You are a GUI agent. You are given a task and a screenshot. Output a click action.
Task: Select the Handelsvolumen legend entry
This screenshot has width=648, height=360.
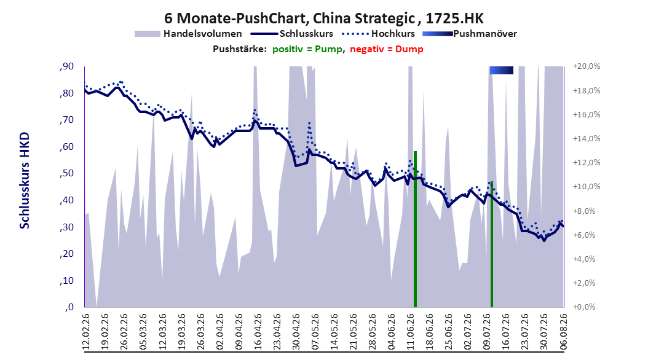(x=188, y=34)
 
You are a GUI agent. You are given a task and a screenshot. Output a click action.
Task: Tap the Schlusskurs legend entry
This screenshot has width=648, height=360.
(x=292, y=34)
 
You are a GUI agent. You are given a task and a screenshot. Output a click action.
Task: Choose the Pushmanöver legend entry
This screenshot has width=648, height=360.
(x=470, y=34)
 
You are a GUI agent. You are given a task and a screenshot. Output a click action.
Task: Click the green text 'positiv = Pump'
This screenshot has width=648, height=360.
(x=307, y=49)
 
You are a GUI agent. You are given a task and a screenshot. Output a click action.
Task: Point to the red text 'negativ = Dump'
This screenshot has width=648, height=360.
(x=387, y=49)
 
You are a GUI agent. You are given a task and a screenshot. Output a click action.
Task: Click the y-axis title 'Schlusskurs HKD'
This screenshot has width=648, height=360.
(x=25, y=181)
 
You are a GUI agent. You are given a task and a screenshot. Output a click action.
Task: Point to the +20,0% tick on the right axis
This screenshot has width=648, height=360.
(x=587, y=66)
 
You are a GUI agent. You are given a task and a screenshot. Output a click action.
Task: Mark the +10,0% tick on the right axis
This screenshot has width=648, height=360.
(x=587, y=187)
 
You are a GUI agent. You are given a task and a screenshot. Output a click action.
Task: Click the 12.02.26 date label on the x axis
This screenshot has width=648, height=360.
(x=86, y=332)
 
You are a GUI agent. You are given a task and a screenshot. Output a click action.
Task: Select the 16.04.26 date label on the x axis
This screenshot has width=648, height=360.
(x=258, y=332)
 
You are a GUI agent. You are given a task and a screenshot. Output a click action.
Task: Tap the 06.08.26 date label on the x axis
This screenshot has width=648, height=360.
(x=563, y=332)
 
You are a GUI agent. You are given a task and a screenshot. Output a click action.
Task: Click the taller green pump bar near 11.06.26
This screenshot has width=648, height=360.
(x=416, y=229)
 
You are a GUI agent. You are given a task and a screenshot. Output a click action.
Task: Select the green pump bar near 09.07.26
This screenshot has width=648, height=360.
(x=492, y=245)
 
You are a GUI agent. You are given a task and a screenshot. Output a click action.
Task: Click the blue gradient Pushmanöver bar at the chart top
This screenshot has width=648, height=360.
(x=501, y=70)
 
